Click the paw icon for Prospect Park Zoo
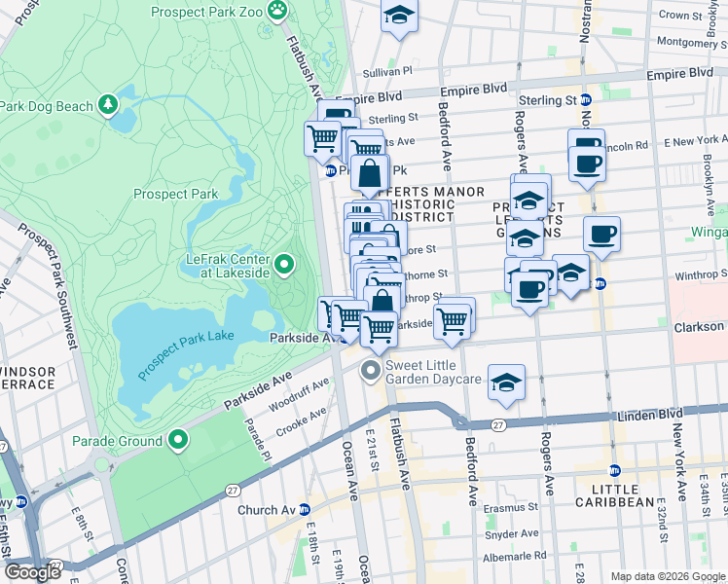pos(278,12)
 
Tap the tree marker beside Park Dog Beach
pos(108,103)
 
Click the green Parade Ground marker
pos(177,441)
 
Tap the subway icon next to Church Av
pos(305,509)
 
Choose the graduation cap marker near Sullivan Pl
pos(399,17)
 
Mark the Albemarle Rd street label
pos(512,555)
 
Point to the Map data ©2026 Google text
pos(667,575)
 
